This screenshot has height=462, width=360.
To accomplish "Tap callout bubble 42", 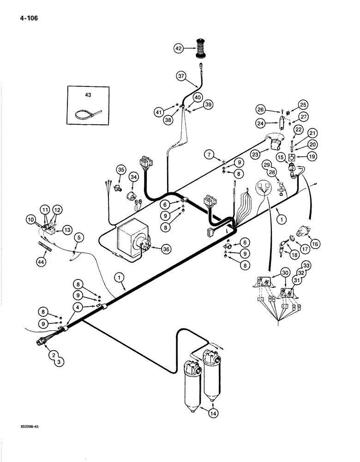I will tap(179, 48).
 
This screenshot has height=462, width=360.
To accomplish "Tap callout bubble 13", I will tap(67, 231).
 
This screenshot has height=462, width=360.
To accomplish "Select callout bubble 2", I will tap(54, 355).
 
